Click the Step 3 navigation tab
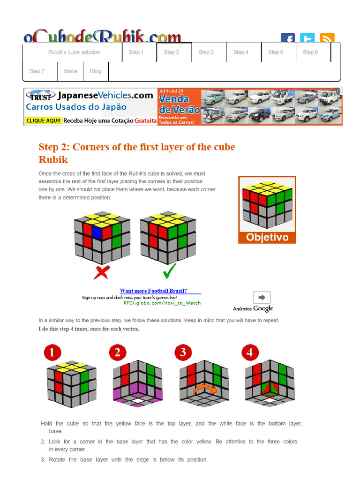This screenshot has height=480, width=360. (x=206, y=52)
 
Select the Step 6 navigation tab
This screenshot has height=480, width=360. (x=310, y=52)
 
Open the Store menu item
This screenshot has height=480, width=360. (x=70, y=71)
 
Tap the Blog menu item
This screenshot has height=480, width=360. (x=96, y=71)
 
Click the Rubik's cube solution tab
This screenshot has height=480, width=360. (x=74, y=52)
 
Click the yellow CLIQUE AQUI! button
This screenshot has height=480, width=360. (x=43, y=120)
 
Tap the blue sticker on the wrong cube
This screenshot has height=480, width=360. (x=97, y=232)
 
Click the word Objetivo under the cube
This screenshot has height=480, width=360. (x=267, y=237)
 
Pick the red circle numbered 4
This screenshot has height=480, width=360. (x=250, y=352)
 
